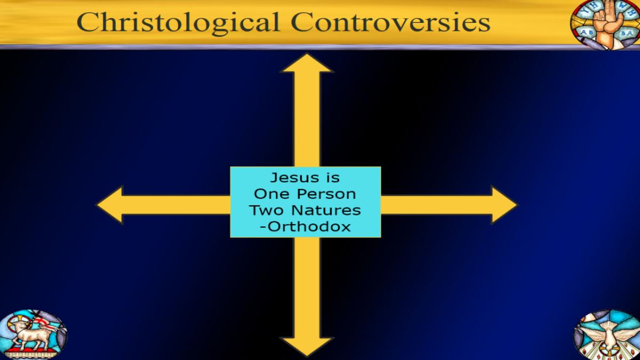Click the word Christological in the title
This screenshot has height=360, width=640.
pos(178,23)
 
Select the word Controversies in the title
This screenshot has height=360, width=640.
pos(390,22)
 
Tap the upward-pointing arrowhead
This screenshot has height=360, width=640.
pos(307,63)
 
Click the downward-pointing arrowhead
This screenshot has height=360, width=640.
pos(307,347)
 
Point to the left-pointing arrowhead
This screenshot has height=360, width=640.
pos(110,205)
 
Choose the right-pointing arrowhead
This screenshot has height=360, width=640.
pos(504,205)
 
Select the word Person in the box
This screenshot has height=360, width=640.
pos(326,194)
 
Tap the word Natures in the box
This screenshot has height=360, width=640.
pos(326,210)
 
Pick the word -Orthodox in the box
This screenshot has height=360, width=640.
pos(306,227)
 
